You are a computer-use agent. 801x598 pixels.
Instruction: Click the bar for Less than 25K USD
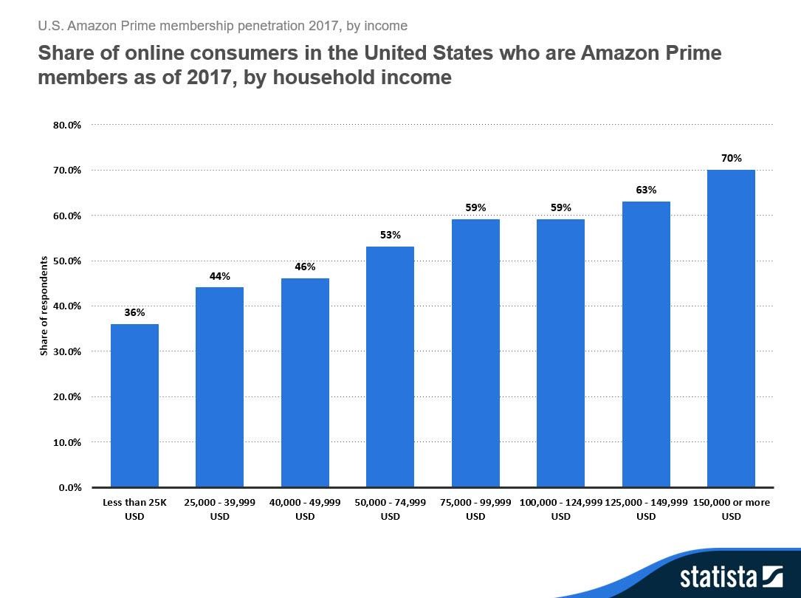click(x=134, y=405)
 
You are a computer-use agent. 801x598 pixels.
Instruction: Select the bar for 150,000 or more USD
click(x=731, y=329)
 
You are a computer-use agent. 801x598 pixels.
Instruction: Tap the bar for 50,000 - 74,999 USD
click(x=390, y=367)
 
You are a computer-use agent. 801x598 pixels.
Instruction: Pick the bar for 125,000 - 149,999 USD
click(x=646, y=344)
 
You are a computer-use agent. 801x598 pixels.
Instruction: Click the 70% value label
click(x=732, y=158)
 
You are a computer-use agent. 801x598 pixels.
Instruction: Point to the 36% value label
click(x=134, y=312)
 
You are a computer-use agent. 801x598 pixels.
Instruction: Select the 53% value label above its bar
click(x=390, y=235)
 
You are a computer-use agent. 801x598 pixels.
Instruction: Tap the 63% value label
click(x=646, y=190)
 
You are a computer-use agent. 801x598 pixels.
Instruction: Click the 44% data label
click(x=220, y=276)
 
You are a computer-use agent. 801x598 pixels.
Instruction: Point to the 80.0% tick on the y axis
click(x=67, y=125)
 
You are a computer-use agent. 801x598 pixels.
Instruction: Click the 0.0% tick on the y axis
click(x=69, y=487)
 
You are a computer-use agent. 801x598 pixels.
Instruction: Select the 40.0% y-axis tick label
click(x=67, y=306)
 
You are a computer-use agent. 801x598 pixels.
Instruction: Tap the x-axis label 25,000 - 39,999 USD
click(x=220, y=509)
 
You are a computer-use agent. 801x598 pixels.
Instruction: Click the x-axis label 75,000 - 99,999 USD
click(x=475, y=509)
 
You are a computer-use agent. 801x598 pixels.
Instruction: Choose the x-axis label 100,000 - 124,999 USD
click(x=561, y=509)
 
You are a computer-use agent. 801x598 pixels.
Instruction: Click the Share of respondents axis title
click(x=44, y=306)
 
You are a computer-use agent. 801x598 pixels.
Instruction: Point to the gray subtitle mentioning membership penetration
click(x=222, y=26)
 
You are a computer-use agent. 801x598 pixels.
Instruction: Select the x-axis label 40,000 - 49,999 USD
click(x=305, y=509)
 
